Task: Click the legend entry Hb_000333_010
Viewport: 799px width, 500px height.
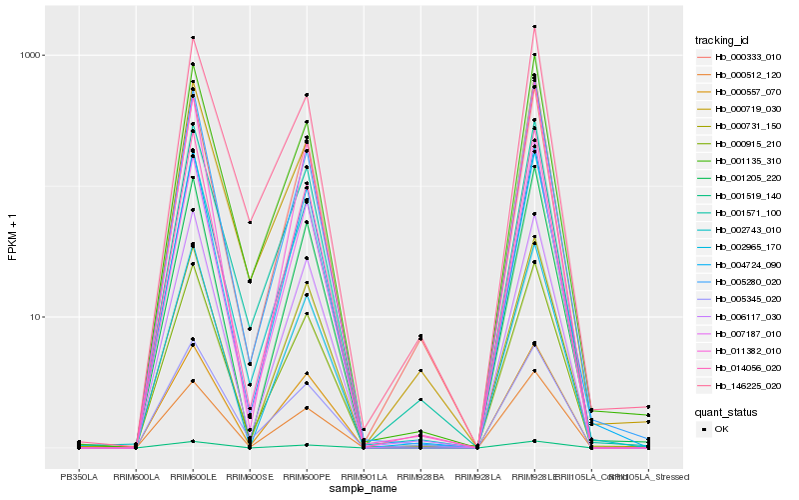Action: point(740,57)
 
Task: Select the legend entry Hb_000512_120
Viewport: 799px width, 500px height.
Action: point(740,74)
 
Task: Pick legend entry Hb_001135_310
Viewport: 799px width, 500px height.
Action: point(740,161)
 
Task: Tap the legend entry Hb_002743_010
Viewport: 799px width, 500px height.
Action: point(740,230)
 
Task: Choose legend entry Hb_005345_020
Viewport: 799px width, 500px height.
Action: point(740,299)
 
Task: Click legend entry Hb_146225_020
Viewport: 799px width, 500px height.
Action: point(740,386)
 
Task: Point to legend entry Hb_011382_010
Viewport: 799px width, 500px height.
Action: point(740,351)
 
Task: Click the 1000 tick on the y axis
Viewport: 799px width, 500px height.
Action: point(31,56)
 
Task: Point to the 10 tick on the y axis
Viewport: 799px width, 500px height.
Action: point(36,317)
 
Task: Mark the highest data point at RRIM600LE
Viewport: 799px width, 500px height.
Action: point(193,38)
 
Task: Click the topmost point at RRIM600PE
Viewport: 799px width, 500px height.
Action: point(307,95)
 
